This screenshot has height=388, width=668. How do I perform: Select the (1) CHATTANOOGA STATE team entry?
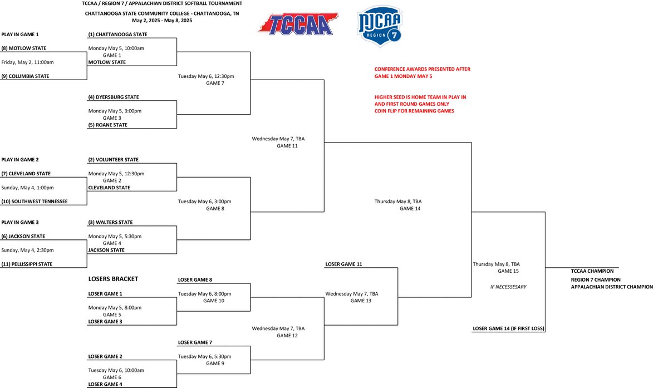[117, 35]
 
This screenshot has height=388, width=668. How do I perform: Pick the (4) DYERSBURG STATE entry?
[114, 97]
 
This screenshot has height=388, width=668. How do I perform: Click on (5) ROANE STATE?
[108, 125]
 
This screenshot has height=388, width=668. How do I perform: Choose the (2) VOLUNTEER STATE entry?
[114, 160]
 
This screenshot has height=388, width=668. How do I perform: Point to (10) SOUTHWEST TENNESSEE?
[35, 202]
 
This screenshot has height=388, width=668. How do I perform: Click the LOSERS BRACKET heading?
[113, 278]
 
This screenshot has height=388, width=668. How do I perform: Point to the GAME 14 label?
[410, 208]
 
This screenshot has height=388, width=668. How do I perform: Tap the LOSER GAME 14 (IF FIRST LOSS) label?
[508, 329]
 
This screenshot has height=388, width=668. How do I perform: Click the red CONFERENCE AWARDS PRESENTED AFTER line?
[422, 69]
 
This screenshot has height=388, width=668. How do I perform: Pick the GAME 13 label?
[361, 301]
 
